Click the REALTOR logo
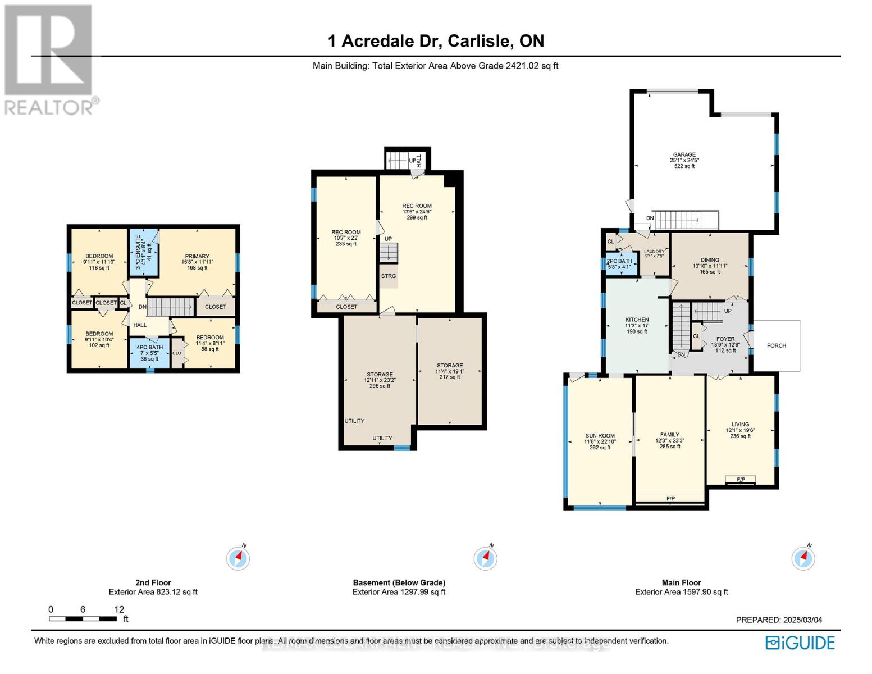[x=49, y=59]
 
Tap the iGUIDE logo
[x=800, y=643]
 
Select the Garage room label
[x=684, y=160]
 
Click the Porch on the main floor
[x=776, y=345]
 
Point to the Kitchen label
[x=637, y=325]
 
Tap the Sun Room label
[x=600, y=441]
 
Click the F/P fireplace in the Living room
[x=741, y=480]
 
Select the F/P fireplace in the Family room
[x=670, y=499]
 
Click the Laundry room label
[x=654, y=254]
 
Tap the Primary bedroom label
[x=197, y=262]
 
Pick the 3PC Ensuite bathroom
[x=144, y=252]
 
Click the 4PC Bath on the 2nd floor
[x=149, y=353]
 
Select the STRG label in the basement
[x=389, y=276]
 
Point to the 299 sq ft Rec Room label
[x=417, y=211]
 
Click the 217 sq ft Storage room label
[x=450, y=371]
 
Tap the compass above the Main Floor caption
[x=803, y=558]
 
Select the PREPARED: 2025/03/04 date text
[x=779, y=620]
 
